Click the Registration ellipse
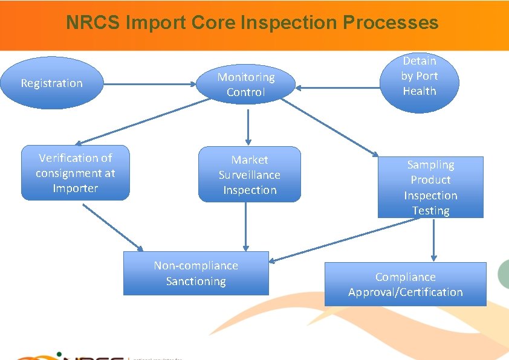51,83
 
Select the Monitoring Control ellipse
246,85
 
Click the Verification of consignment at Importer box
76,173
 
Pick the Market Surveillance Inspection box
249,175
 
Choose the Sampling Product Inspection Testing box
430,187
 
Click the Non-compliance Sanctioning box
196,273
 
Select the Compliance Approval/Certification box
405,284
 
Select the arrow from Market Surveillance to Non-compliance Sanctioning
245,227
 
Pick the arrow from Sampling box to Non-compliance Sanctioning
345,240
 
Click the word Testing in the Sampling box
430,211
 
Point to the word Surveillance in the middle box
249,175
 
